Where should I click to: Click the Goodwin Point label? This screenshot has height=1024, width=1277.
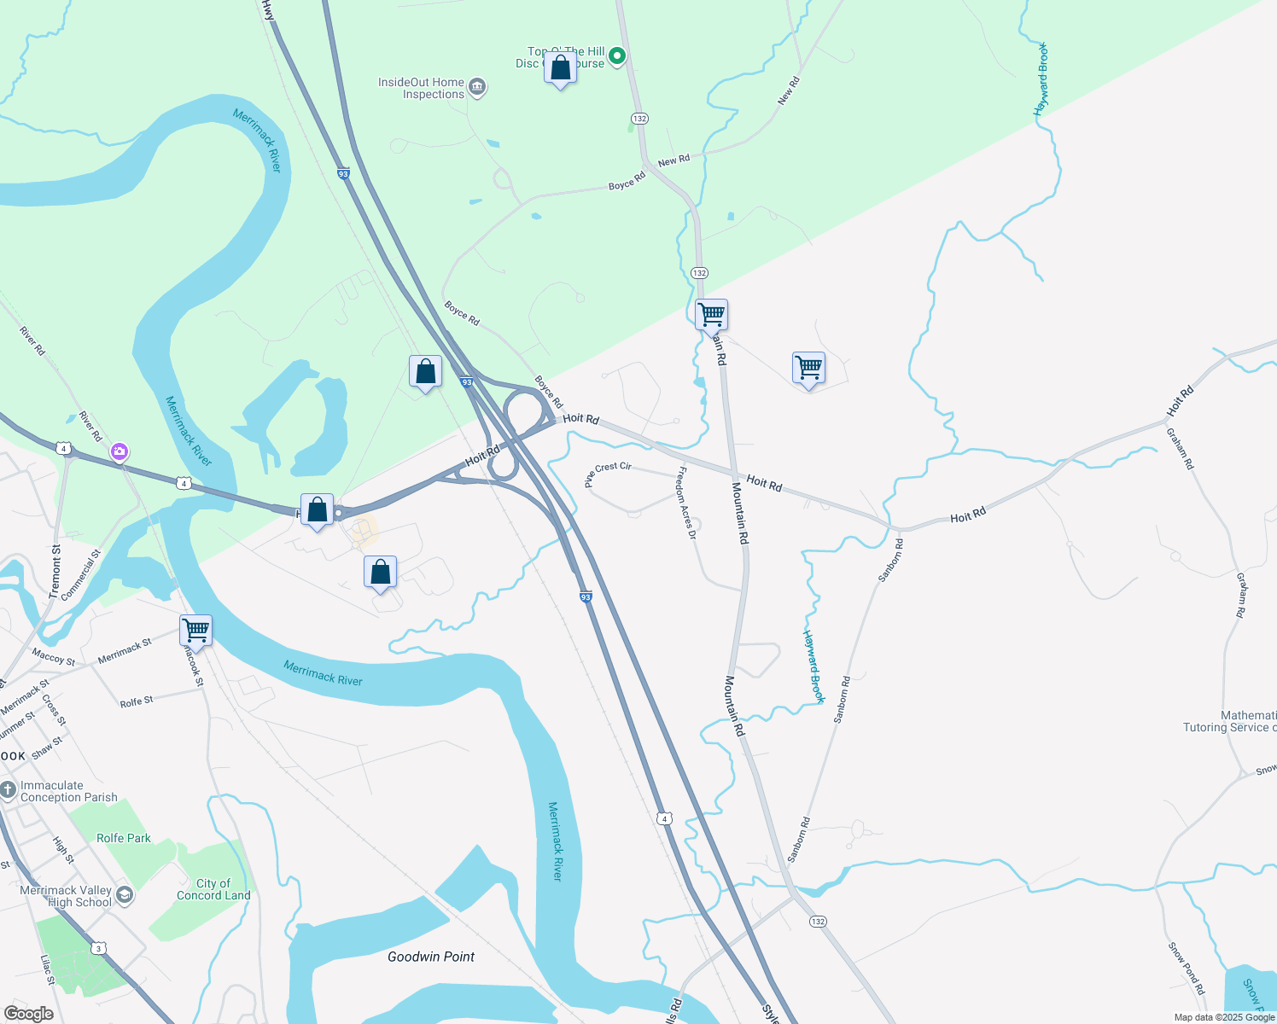pyautogui.click(x=431, y=957)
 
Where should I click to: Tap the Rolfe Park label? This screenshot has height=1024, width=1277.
pyautogui.click(x=124, y=838)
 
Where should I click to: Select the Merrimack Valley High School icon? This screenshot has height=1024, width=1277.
pyautogui.click(x=125, y=894)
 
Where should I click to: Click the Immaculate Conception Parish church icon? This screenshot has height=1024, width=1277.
pyautogui.click(x=8, y=791)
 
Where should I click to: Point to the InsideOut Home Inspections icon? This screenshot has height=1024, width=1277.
pyautogui.click(x=478, y=88)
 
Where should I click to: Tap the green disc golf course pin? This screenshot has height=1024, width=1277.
pyautogui.click(x=617, y=56)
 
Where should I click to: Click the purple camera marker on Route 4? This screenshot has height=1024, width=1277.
pyautogui.click(x=120, y=451)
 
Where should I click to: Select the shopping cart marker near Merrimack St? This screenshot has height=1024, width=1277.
pyautogui.click(x=196, y=631)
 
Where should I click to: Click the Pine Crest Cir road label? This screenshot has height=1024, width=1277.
pyautogui.click(x=609, y=473)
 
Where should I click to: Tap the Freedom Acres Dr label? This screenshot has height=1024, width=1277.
pyautogui.click(x=687, y=503)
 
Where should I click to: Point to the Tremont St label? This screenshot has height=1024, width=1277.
pyautogui.click(x=56, y=571)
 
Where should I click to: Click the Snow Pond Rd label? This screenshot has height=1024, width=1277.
pyautogui.click(x=1187, y=968)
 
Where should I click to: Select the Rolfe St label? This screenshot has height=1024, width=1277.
pyautogui.click(x=137, y=701)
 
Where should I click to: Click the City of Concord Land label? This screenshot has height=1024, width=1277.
pyautogui.click(x=213, y=889)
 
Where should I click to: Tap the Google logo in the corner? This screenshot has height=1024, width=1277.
pyautogui.click(x=28, y=1014)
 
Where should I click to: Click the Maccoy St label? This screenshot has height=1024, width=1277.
pyautogui.click(x=53, y=658)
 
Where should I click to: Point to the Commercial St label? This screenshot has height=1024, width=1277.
pyautogui.click(x=81, y=574)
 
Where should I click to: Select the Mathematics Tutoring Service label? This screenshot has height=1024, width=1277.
pyautogui.click(x=1229, y=722)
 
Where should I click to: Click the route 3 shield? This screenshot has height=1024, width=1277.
pyautogui.click(x=100, y=948)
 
